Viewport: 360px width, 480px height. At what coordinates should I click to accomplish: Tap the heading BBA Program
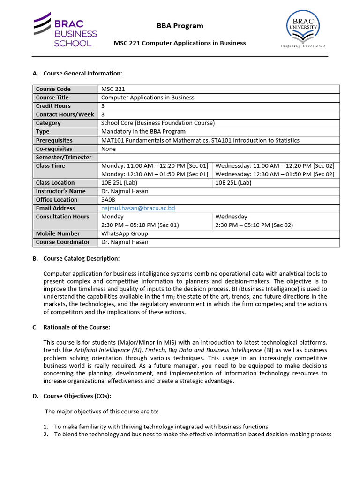point(180,26)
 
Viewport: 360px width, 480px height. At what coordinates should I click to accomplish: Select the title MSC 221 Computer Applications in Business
point(180,43)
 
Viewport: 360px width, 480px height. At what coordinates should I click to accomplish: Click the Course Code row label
point(53,89)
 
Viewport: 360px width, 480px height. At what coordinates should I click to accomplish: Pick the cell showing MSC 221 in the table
point(113,89)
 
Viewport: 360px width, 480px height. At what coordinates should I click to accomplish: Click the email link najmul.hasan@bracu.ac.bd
point(138,208)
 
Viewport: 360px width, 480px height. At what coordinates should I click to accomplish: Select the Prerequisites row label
point(54,140)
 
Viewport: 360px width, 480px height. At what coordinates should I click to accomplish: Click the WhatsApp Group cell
point(125,233)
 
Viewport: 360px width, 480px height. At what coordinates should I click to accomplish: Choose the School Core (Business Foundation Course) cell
point(158,123)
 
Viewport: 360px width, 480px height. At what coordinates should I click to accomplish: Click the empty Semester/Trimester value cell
point(219,157)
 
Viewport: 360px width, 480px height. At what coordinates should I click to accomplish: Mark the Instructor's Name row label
point(61,191)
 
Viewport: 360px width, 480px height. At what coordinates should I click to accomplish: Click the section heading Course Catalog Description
point(82,259)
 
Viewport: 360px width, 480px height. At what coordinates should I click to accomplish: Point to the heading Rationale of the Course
point(77,327)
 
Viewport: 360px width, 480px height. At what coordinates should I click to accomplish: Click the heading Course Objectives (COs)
point(77,396)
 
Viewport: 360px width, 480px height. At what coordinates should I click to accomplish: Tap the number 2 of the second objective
point(46,435)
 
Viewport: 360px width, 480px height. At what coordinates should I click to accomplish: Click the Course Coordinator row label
point(63,242)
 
